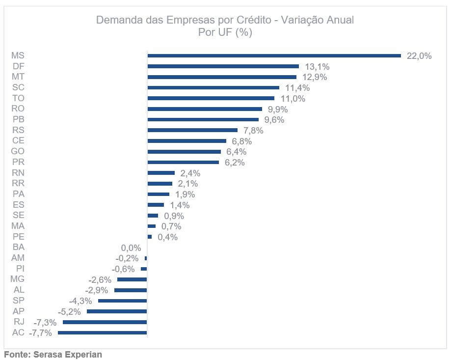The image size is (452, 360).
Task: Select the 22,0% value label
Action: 419,56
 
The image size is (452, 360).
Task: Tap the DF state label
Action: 18,66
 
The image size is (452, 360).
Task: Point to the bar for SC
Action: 213,87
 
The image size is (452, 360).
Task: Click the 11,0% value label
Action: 293,99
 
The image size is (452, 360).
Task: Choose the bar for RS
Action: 192,130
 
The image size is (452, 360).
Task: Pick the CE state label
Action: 18,141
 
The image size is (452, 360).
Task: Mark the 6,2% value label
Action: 235,163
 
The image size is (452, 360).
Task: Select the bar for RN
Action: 161,173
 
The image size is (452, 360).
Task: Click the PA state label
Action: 18,194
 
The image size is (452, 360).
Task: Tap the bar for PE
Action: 150,237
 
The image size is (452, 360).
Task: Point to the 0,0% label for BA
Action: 131,248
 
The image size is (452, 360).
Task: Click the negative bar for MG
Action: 132,279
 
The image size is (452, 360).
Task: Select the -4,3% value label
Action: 80,301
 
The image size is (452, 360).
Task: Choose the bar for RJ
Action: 105,322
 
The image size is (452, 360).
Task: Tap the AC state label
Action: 18,333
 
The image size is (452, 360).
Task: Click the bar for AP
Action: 117,311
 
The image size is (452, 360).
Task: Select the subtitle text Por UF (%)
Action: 225,32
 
